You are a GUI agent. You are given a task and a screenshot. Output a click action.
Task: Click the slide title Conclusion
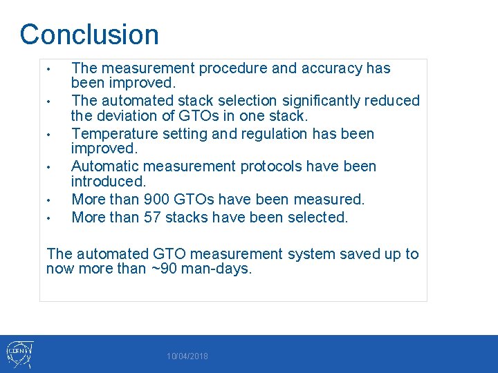tap(89, 35)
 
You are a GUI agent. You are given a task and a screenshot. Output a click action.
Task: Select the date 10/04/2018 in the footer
tap(187, 356)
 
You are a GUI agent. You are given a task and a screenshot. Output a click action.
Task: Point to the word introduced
tap(109, 181)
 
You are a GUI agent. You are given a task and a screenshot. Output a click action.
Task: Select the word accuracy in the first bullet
tap(330, 68)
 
